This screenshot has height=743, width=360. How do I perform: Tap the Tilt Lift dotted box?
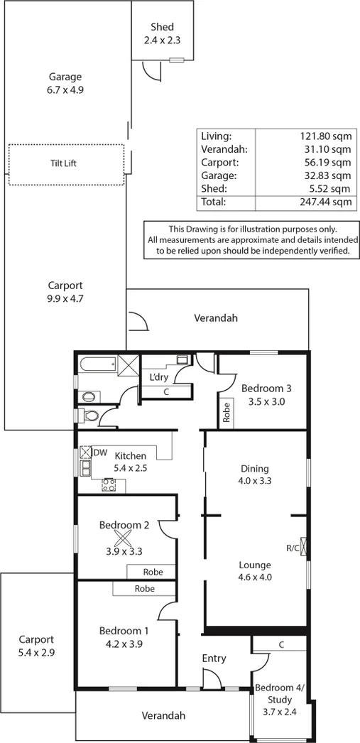[x=65, y=165]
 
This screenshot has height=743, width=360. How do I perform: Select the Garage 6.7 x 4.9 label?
[x=65, y=83]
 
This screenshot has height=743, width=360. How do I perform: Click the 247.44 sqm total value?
[x=326, y=202]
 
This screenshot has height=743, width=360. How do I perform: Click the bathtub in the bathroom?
[x=97, y=366]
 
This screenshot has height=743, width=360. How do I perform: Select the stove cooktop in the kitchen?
[x=110, y=486]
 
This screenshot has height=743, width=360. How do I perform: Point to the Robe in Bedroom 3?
[x=227, y=413]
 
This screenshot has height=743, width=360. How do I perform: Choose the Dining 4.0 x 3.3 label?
[x=254, y=474]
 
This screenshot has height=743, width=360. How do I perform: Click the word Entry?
[x=214, y=658]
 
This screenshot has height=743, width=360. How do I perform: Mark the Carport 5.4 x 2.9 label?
[x=36, y=644]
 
